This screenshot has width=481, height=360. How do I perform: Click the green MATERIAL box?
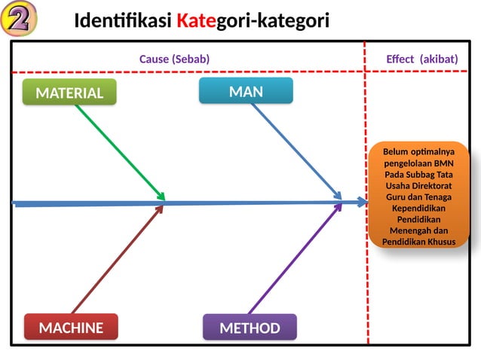(x=69, y=93)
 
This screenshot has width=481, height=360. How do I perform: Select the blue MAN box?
(x=246, y=91)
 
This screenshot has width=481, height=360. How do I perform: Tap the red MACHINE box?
(x=71, y=328)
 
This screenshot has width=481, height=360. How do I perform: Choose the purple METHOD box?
(x=250, y=328)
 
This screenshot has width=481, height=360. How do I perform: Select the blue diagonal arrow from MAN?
(x=296, y=150)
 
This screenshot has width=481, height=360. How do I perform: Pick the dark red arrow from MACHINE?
(x=117, y=259)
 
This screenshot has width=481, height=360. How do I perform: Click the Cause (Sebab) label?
(x=174, y=59)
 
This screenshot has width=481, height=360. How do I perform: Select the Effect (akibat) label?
(x=421, y=59)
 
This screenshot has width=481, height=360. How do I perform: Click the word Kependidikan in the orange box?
(x=419, y=207)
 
